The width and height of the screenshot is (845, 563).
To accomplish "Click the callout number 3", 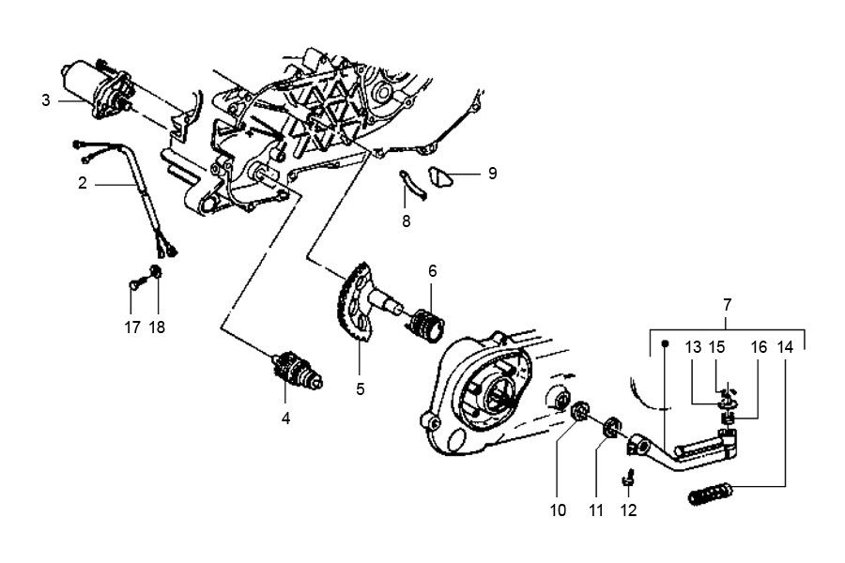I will tap(45, 100).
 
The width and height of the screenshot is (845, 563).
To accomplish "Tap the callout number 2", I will tap(83, 184).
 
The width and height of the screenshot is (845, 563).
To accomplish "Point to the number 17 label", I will tap(131, 327).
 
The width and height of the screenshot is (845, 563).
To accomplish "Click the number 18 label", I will tap(158, 327).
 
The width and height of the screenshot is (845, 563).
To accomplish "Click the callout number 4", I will tap(285, 418).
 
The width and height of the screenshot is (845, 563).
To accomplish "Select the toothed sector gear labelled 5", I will tap(353, 310).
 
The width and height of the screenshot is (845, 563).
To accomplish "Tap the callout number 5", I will tap(361, 387).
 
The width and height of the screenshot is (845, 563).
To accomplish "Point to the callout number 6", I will tap(432, 270).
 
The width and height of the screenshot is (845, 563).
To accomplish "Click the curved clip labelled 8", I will tap(410, 185).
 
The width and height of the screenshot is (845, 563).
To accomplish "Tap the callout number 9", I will tap(492, 173).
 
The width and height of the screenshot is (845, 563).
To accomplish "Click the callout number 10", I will tap(559, 510).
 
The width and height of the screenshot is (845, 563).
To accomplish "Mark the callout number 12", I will tap(628, 510).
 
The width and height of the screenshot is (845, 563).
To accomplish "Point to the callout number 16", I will tap(759, 346).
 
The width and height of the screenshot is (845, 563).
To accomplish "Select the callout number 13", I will tap(693, 346).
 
